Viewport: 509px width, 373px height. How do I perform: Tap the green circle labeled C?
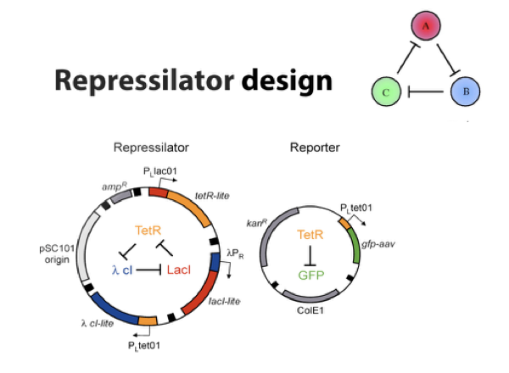click(387, 90)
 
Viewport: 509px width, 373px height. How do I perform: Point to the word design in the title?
click(286, 82)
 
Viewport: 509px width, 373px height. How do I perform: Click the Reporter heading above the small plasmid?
click(315, 147)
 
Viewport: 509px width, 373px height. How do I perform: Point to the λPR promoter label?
click(237, 252)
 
